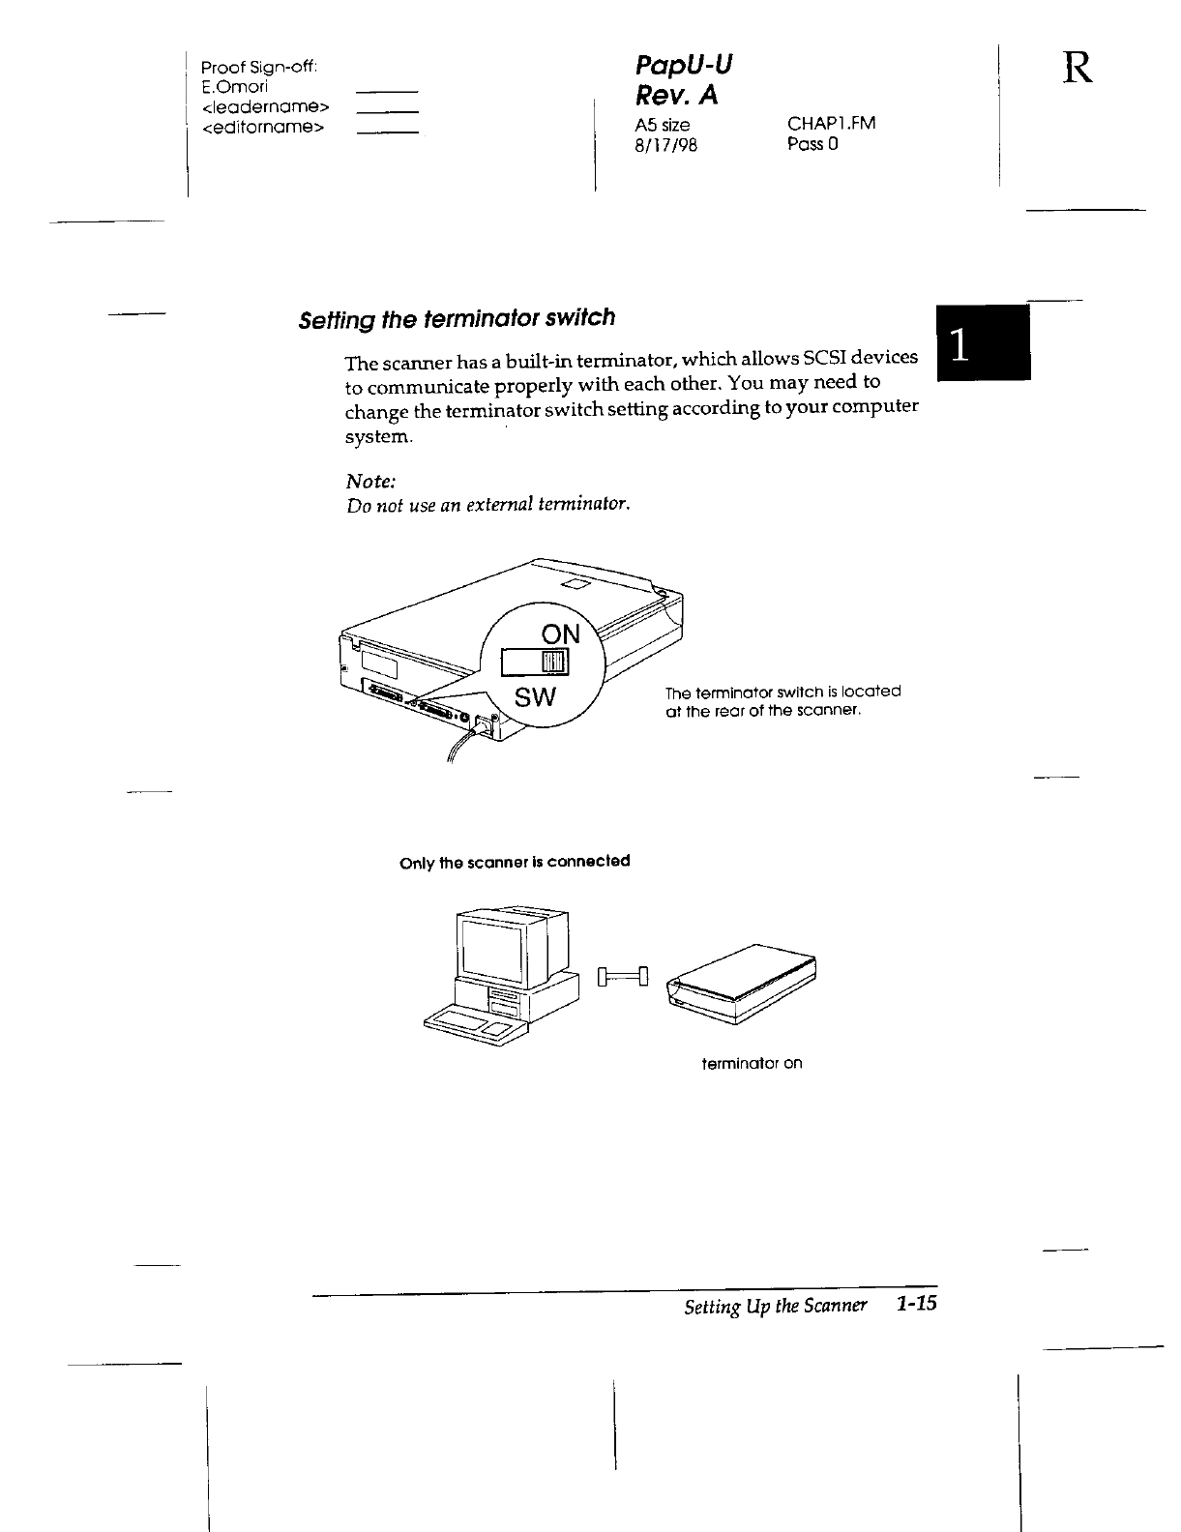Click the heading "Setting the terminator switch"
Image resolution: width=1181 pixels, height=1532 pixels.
[x=456, y=318]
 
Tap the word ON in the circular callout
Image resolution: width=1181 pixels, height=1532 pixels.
[x=560, y=634]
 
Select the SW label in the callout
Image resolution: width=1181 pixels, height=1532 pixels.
[x=535, y=696]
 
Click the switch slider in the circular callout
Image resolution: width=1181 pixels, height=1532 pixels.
[x=554, y=662]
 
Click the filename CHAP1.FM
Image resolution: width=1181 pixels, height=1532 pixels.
[x=831, y=124]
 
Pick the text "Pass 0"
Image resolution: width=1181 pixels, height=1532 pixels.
[x=812, y=144]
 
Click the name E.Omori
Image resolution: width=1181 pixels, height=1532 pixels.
[x=227, y=86]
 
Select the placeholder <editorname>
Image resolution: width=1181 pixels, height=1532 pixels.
[x=262, y=127]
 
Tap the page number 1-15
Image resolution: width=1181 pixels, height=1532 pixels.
[x=917, y=1304]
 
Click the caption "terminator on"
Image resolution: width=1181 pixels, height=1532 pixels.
[x=752, y=1064]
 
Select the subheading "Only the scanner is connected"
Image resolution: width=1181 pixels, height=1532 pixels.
[x=515, y=861]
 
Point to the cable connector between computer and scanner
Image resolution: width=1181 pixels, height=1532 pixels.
[x=624, y=976]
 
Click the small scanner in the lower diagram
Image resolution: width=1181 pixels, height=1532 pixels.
[x=743, y=983]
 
